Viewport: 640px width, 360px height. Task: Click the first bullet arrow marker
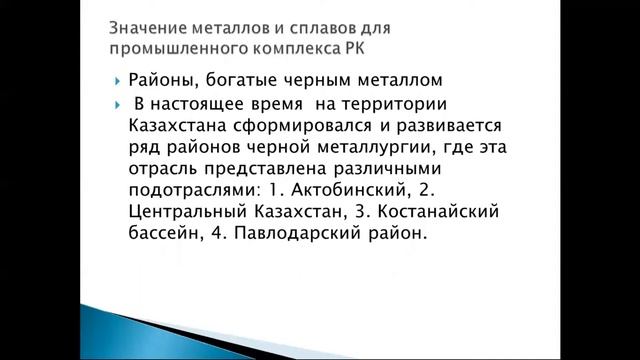coord(117,81)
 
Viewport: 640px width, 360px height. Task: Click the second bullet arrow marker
coord(117,105)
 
